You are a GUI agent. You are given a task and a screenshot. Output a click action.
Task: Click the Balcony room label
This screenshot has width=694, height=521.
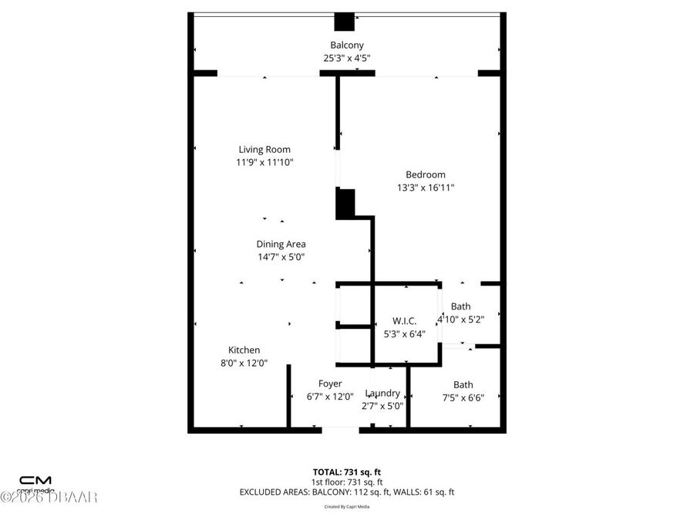tap(347, 45)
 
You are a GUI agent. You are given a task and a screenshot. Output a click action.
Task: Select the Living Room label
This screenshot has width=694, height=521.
tap(264, 149)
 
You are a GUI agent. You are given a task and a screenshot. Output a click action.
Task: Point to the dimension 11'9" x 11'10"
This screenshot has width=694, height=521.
tap(264, 162)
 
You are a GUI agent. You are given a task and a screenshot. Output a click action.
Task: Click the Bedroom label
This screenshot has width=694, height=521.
tap(425, 174)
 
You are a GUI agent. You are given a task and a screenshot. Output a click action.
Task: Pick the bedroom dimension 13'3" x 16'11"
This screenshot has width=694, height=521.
tap(425, 188)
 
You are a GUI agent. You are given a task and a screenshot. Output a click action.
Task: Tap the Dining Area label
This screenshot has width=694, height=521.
tap(281, 244)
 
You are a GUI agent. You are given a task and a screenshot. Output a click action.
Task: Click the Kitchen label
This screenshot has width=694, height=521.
tap(244, 350)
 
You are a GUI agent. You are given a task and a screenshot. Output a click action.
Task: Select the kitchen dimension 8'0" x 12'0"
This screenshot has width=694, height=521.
tap(244, 363)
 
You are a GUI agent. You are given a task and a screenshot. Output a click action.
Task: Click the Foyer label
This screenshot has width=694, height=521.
tap(330, 384)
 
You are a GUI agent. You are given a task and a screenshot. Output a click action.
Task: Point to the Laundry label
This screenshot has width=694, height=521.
tap(382, 393)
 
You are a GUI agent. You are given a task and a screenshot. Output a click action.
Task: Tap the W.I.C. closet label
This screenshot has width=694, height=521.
tap(404, 321)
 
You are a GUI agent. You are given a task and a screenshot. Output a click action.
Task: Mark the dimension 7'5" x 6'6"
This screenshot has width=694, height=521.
tap(463, 398)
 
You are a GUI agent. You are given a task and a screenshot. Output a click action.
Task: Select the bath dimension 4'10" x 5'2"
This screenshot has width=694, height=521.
tap(460, 319)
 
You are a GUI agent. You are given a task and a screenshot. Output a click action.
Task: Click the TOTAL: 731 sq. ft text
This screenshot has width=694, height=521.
tap(347, 471)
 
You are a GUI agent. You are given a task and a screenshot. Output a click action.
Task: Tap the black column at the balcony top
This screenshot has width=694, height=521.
tap(344, 22)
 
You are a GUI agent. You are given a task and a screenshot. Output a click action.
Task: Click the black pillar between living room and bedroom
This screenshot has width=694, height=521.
tap(345, 203)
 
